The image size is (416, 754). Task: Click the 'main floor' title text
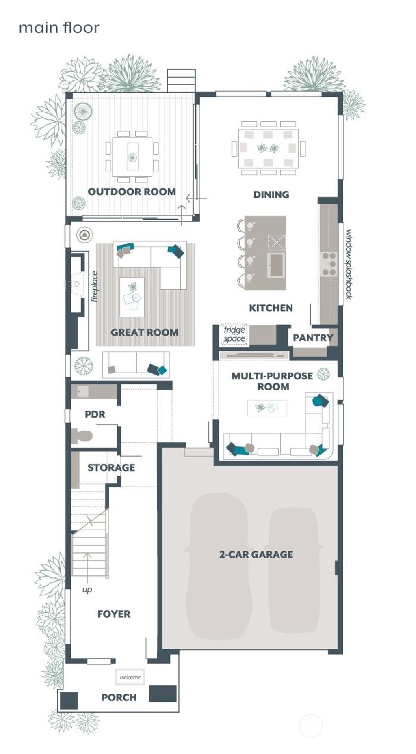[x=59, y=28]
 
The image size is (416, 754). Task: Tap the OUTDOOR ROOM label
[x=132, y=192]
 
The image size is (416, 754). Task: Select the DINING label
[x=271, y=194]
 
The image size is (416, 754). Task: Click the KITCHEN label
[x=271, y=308]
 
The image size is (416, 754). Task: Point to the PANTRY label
[x=313, y=338]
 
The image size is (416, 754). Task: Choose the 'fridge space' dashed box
[x=234, y=334]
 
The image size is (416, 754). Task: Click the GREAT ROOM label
[x=144, y=332]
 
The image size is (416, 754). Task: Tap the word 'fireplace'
[x=95, y=287]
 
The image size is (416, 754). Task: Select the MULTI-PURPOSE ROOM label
[x=273, y=381]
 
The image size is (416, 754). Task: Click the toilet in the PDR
[x=82, y=436]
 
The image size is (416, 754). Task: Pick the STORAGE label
[x=111, y=467]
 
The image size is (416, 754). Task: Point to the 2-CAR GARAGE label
[x=256, y=554]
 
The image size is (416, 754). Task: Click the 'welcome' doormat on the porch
[x=130, y=677]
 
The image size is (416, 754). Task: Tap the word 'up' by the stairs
[x=87, y=589]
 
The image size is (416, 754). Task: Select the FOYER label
[x=114, y=614]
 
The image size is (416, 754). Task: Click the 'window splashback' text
[x=349, y=265]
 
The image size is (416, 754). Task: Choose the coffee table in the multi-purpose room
[x=267, y=407]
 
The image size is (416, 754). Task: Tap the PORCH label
[x=119, y=697]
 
